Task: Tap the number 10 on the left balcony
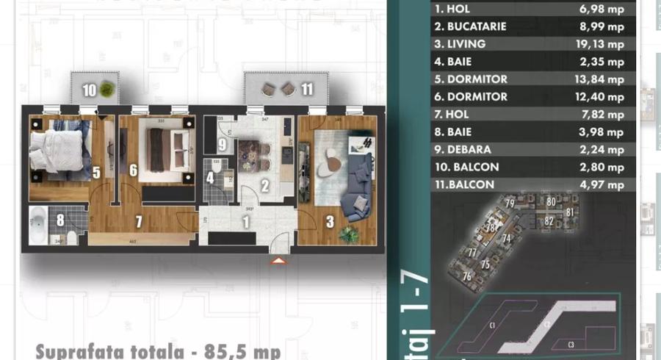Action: coord(89,90)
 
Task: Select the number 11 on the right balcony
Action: coord(307,90)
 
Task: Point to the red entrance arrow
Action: coord(278,259)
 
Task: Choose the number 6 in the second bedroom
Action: coord(133,170)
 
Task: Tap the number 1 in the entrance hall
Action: coord(247,219)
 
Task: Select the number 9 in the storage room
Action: coord(223,145)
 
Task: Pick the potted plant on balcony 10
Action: coord(107,90)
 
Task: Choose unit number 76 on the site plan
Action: coord(467,276)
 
